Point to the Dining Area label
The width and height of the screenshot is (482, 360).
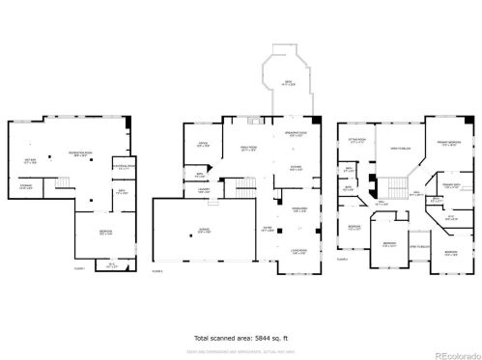[x=299, y=209]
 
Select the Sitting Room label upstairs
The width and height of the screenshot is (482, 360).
[x=355, y=140]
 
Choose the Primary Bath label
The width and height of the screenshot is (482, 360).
[x=451, y=185]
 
